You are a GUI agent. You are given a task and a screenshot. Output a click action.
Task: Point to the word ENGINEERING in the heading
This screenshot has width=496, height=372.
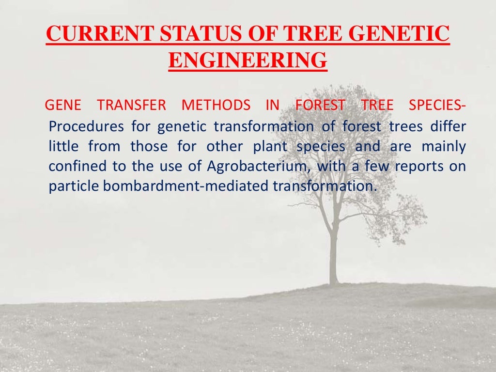(x=248, y=61)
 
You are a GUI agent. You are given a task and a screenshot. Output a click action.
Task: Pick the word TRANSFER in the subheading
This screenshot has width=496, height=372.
(x=131, y=105)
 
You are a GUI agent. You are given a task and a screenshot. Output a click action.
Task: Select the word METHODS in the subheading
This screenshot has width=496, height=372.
(x=216, y=105)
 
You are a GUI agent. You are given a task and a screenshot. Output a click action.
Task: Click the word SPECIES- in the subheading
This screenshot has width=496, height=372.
(x=437, y=105)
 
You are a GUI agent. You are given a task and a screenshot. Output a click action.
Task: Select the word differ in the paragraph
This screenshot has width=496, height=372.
(x=450, y=127)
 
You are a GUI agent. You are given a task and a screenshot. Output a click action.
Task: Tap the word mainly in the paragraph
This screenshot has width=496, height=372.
(x=444, y=147)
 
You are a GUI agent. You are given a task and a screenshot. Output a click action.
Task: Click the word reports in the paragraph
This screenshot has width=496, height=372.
(x=417, y=167)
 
